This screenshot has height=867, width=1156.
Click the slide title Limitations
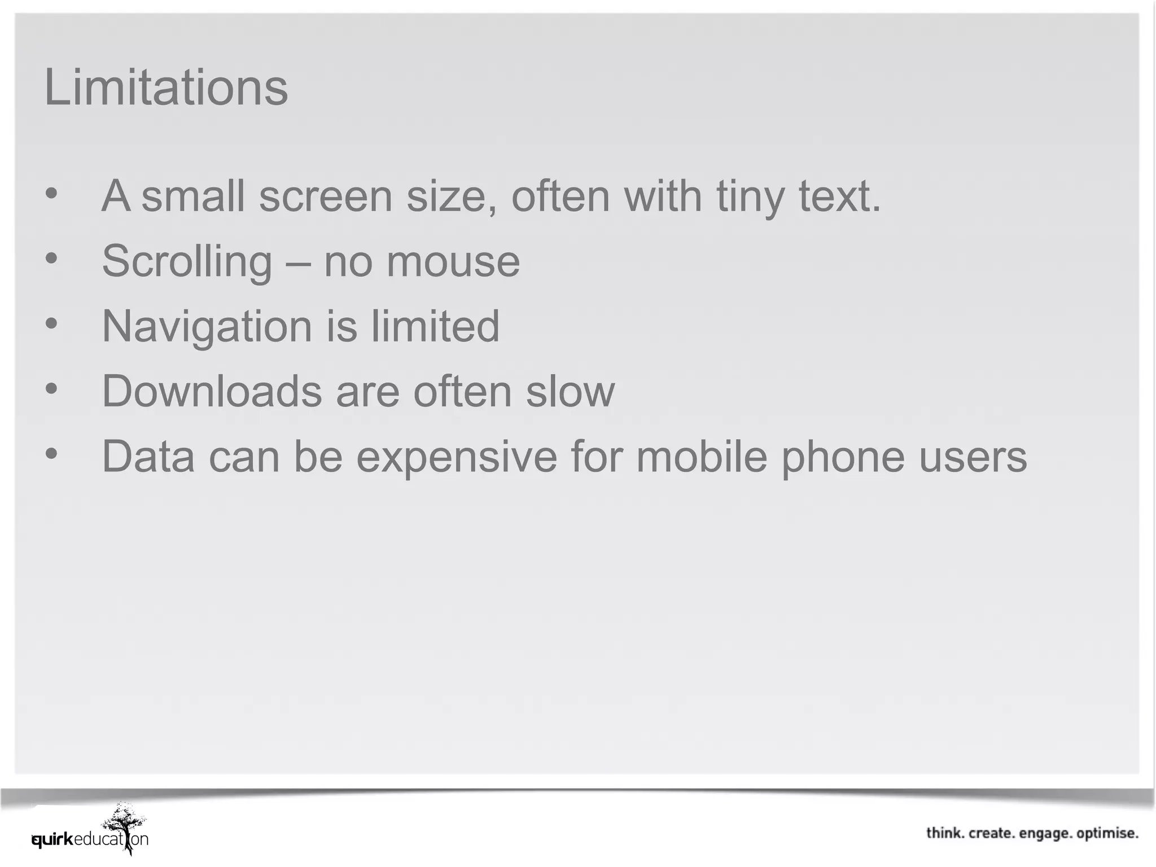(x=166, y=87)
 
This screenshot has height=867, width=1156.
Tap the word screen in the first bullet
(x=326, y=196)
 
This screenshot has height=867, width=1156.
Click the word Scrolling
(x=187, y=261)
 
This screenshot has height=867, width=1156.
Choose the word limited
(x=435, y=326)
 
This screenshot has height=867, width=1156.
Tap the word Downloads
(x=212, y=391)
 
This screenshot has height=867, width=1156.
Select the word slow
(x=570, y=391)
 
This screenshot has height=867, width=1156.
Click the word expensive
(x=457, y=456)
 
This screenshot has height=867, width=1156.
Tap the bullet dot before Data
(x=51, y=453)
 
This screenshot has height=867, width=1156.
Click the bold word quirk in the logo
(x=52, y=839)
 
